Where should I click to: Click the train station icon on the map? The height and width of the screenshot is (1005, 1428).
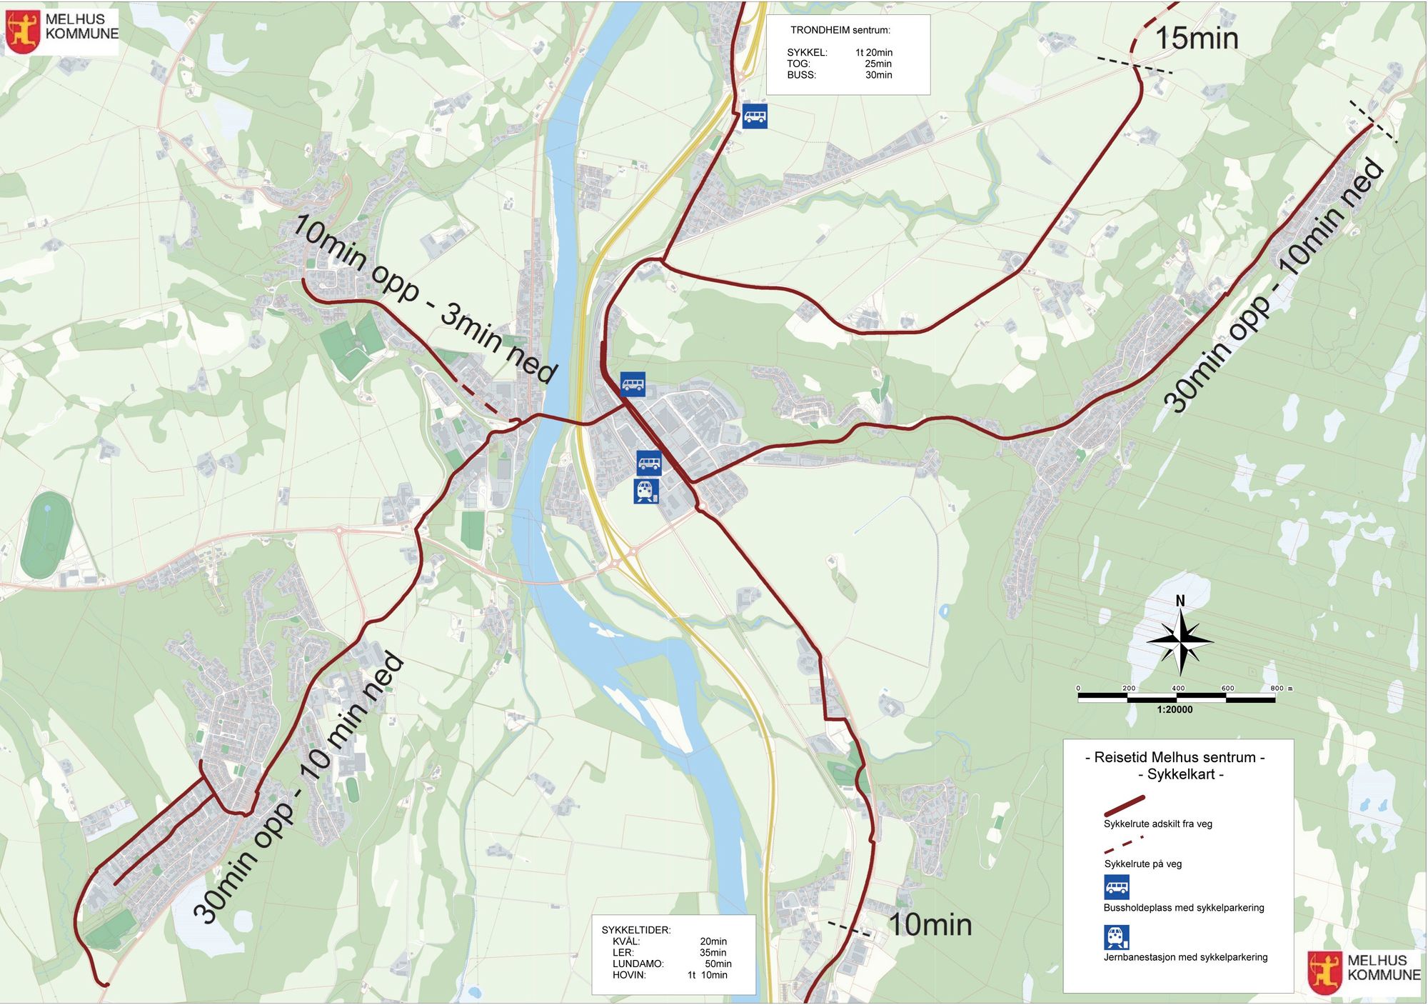coord(646,491)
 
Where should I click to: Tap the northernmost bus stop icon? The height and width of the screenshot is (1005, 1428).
coord(755,116)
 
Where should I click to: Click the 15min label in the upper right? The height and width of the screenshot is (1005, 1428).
coord(1196,39)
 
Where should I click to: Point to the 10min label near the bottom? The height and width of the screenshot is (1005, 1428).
coord(930,925)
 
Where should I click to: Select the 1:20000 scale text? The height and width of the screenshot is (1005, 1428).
coord(1175,709)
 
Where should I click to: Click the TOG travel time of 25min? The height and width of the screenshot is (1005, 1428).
coord(878,64)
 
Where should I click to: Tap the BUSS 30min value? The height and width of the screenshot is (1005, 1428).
coord(878,75)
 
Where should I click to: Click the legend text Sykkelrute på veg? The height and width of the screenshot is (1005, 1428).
coord(1142,864)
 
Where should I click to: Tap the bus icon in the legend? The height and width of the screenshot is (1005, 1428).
coord(1117,887)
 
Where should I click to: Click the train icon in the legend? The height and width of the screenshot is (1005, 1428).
coord(1117,937)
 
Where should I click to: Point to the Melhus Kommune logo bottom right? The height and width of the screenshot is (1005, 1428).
coord(1324,972)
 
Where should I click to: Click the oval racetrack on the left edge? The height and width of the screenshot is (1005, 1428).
coord(46,534)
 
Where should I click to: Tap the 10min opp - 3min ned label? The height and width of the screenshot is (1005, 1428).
coord(425,299)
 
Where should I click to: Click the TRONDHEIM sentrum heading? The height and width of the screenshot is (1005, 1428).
coord(840,30)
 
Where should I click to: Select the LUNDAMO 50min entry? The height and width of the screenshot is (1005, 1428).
coord(671,964)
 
